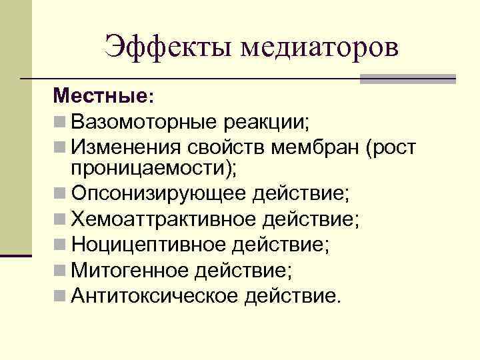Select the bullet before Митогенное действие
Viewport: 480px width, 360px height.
tap(61, 269)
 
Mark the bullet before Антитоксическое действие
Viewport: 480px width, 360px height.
tap(61, 294)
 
